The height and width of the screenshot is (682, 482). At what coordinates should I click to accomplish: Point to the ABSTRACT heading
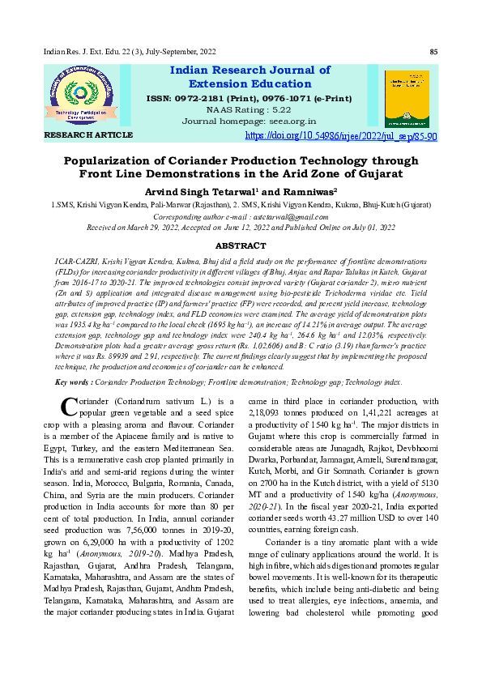click(x=240, y=245)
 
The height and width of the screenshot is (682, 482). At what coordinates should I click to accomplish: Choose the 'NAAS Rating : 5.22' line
click(x=249, y=109)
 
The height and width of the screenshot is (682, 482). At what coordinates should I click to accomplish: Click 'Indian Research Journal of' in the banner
click(x=249, y=70)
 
